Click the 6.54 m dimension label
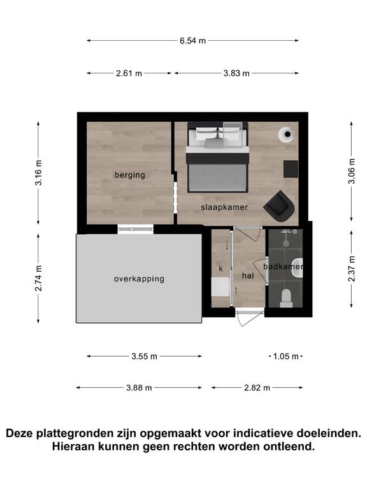click(x=192, y=41)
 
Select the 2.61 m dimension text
click(x=129, y=73)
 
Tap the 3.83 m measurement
click(x=236, y=73)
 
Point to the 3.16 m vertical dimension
click(x=38, y=172)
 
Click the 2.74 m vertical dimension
click(x=38, y=278)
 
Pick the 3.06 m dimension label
click(x=352, y=171)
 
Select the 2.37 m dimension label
click(x=352, y=269)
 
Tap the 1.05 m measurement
click(x=286, y=357)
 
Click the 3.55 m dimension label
click(x=144, y=357)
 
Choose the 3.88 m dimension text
click(x=139, y=388)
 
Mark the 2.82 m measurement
click(x=257, y=388)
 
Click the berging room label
click(x=130, y=175)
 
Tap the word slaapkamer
click(x=224, y=207)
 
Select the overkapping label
click(x=139, y=279)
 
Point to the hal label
click(x=248, y=276)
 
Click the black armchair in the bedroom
click(x=279, y=206)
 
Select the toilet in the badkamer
click(x=286, y=298)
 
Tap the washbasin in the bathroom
click(x=297, y=268)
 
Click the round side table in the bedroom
click(x=286, y=135)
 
